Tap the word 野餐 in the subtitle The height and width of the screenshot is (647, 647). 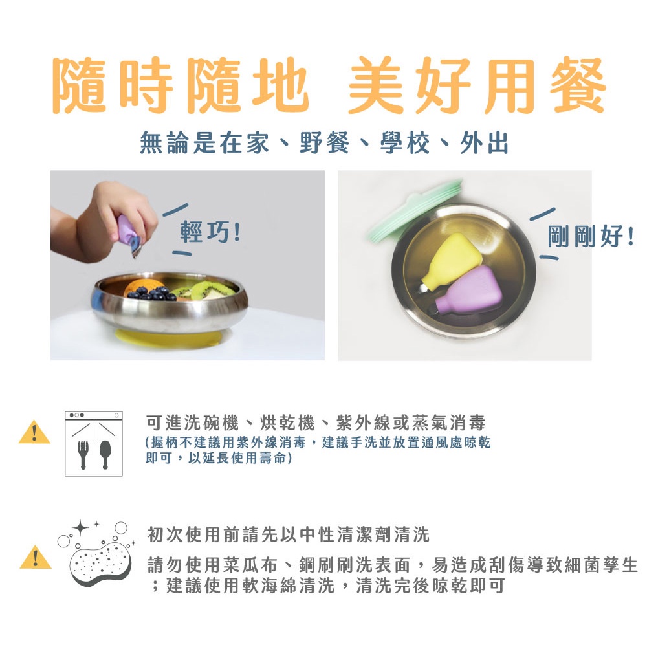tap(324, 143)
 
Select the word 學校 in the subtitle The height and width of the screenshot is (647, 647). tap(405, 143)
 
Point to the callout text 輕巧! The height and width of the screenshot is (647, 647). tap(210, 232)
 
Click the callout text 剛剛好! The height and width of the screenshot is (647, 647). tap(591, 236)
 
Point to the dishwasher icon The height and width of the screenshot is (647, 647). tap(94, 443)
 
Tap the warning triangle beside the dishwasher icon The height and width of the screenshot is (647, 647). tap(35, 433)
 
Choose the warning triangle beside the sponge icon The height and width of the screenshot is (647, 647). tap(36, 558)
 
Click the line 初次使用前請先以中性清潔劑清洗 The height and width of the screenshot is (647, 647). tap(289, 534)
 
